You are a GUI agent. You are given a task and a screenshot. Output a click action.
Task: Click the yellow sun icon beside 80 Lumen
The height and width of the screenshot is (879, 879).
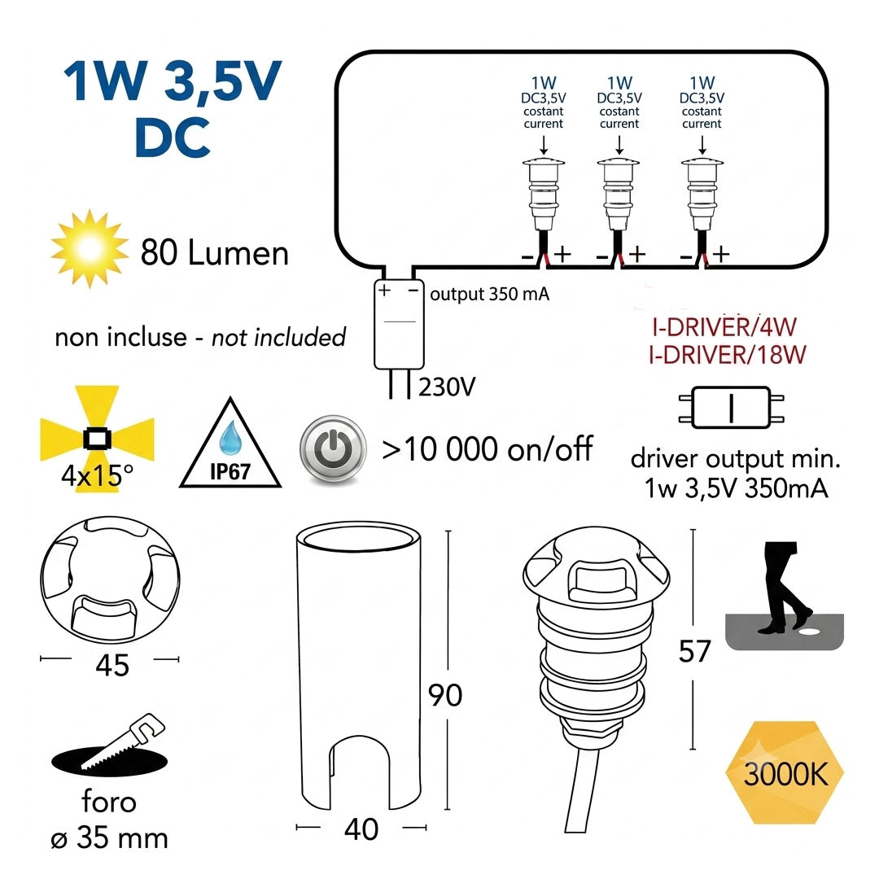(x=90, y=248)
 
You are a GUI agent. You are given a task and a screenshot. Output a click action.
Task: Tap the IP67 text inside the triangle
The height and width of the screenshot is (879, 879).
(x=230, y=471)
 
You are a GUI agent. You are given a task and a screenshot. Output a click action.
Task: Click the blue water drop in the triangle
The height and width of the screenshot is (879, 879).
(x=230, y=437)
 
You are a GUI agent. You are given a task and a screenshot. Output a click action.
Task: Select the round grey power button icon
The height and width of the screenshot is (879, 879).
(x=333, y=448)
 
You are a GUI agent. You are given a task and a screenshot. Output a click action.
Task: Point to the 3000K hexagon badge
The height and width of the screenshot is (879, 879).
(x=785, y=774)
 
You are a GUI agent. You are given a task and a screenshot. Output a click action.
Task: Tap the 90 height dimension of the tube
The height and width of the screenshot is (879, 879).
(x=445, y=695)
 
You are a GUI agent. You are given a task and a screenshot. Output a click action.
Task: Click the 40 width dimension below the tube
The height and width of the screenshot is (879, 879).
(x=361, y=829)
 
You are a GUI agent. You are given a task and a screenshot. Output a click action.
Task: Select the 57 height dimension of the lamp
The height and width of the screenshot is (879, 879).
(x=694, y=651)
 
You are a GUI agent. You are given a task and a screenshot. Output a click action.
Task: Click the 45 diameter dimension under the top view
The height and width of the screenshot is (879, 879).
(x=112, y=666)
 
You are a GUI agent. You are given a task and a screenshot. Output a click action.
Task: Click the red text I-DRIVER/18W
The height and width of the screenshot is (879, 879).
(x=727, y=355)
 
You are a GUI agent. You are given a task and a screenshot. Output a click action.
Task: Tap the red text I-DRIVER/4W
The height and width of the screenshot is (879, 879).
(x=724, y=327)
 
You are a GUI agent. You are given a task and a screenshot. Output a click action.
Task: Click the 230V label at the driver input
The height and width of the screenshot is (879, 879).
(x=447, y=387)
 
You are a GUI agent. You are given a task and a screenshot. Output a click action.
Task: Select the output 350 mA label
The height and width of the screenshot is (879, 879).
(x=489, y=295)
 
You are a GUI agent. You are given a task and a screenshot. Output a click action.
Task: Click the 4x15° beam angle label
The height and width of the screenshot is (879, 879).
(x=97, y=476)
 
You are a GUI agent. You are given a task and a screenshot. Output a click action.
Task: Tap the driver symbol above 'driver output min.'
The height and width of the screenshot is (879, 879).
(x=731, y=408)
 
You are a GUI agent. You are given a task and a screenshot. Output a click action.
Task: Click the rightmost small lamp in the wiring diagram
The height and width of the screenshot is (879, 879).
(x=702, y=195)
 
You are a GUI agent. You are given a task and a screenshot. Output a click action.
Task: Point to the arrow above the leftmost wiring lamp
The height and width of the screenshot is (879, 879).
(x=543, y=144)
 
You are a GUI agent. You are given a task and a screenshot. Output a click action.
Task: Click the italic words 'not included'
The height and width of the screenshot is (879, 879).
(x=278, y=338)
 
